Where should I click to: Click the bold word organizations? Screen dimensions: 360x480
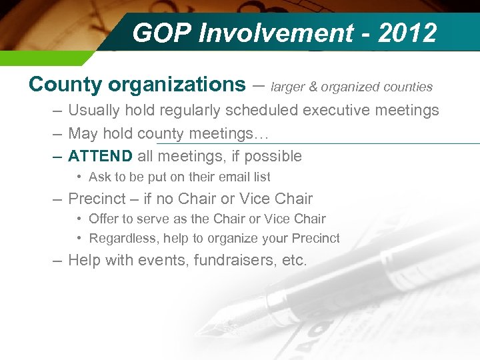[177, 85]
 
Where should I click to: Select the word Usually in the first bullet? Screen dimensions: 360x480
[94, 111]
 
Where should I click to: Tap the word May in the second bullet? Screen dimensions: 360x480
[83, 133]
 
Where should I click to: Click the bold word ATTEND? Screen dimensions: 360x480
[101, 157]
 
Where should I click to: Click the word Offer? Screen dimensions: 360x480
[103, 219]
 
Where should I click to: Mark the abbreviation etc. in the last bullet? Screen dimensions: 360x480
[294, 260]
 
